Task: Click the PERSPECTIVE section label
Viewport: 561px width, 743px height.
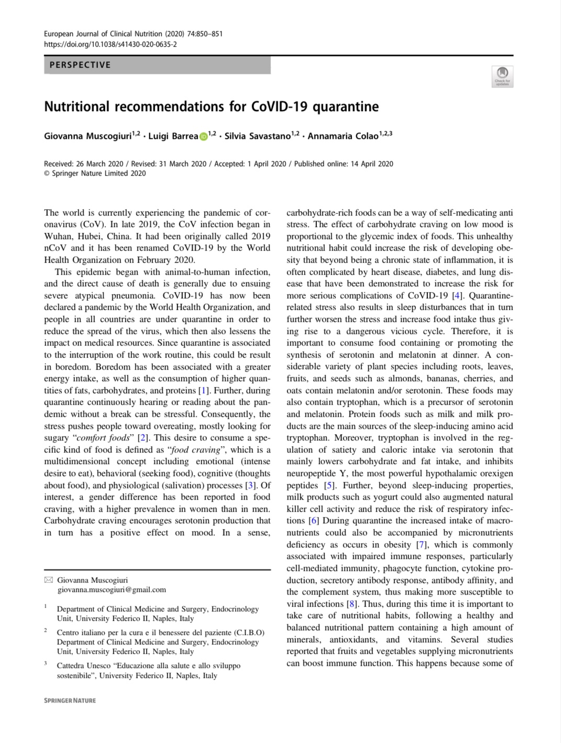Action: point(80,65)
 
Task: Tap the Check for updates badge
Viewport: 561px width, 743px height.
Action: point(502,76)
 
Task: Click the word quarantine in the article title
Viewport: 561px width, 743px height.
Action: point(346,106)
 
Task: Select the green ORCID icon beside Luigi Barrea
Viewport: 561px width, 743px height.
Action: point(203,136)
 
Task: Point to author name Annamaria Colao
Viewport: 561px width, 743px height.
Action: point(343,136)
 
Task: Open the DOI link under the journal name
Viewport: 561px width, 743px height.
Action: point(111,45)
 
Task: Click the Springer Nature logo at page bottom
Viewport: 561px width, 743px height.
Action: point(70,701)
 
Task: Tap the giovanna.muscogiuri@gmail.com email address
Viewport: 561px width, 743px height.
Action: point(112,589)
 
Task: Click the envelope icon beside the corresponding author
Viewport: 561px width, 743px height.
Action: point(49,580)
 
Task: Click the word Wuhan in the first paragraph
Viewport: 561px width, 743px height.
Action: point(59,236)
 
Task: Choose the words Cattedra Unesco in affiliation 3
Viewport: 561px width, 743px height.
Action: point(82,666)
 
